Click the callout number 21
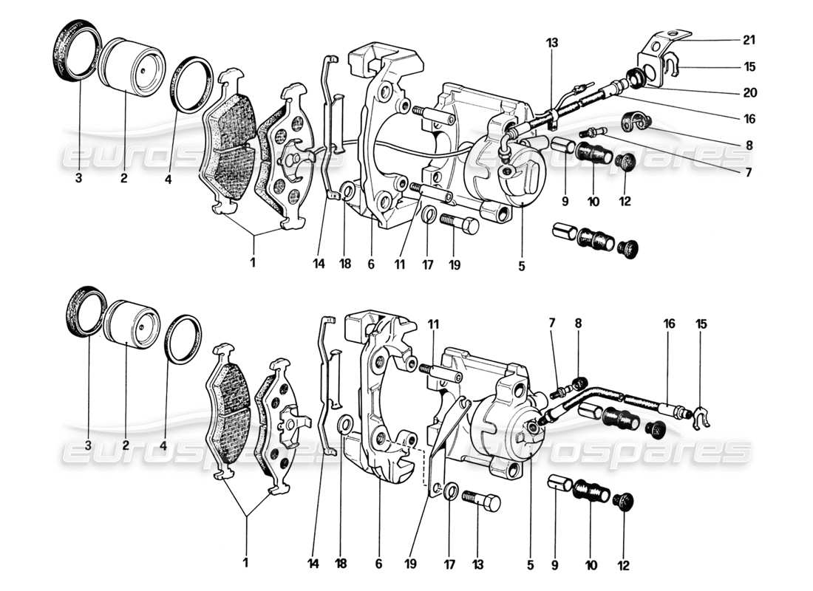(x=749, y=39)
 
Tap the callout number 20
(x=749, y=94)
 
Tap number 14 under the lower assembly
(x=313, y=563)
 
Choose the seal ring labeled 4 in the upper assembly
(x=194, y=83)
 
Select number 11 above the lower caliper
(x=433, y=323)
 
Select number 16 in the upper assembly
(x=749, y=119)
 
